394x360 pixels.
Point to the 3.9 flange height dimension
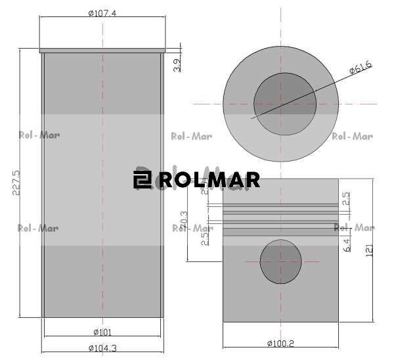[176, 64]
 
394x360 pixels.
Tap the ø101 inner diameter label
[102, 331]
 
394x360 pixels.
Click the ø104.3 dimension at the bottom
[102, 348]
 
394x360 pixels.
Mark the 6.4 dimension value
[346, 246]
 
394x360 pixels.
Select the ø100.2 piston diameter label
[280, 343]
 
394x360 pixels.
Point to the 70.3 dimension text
[185, 219]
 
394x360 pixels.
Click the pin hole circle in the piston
[280, 261]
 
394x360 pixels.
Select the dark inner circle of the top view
[284, 104]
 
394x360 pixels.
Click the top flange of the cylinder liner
[102, 50]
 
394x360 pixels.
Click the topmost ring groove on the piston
[280, 205]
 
